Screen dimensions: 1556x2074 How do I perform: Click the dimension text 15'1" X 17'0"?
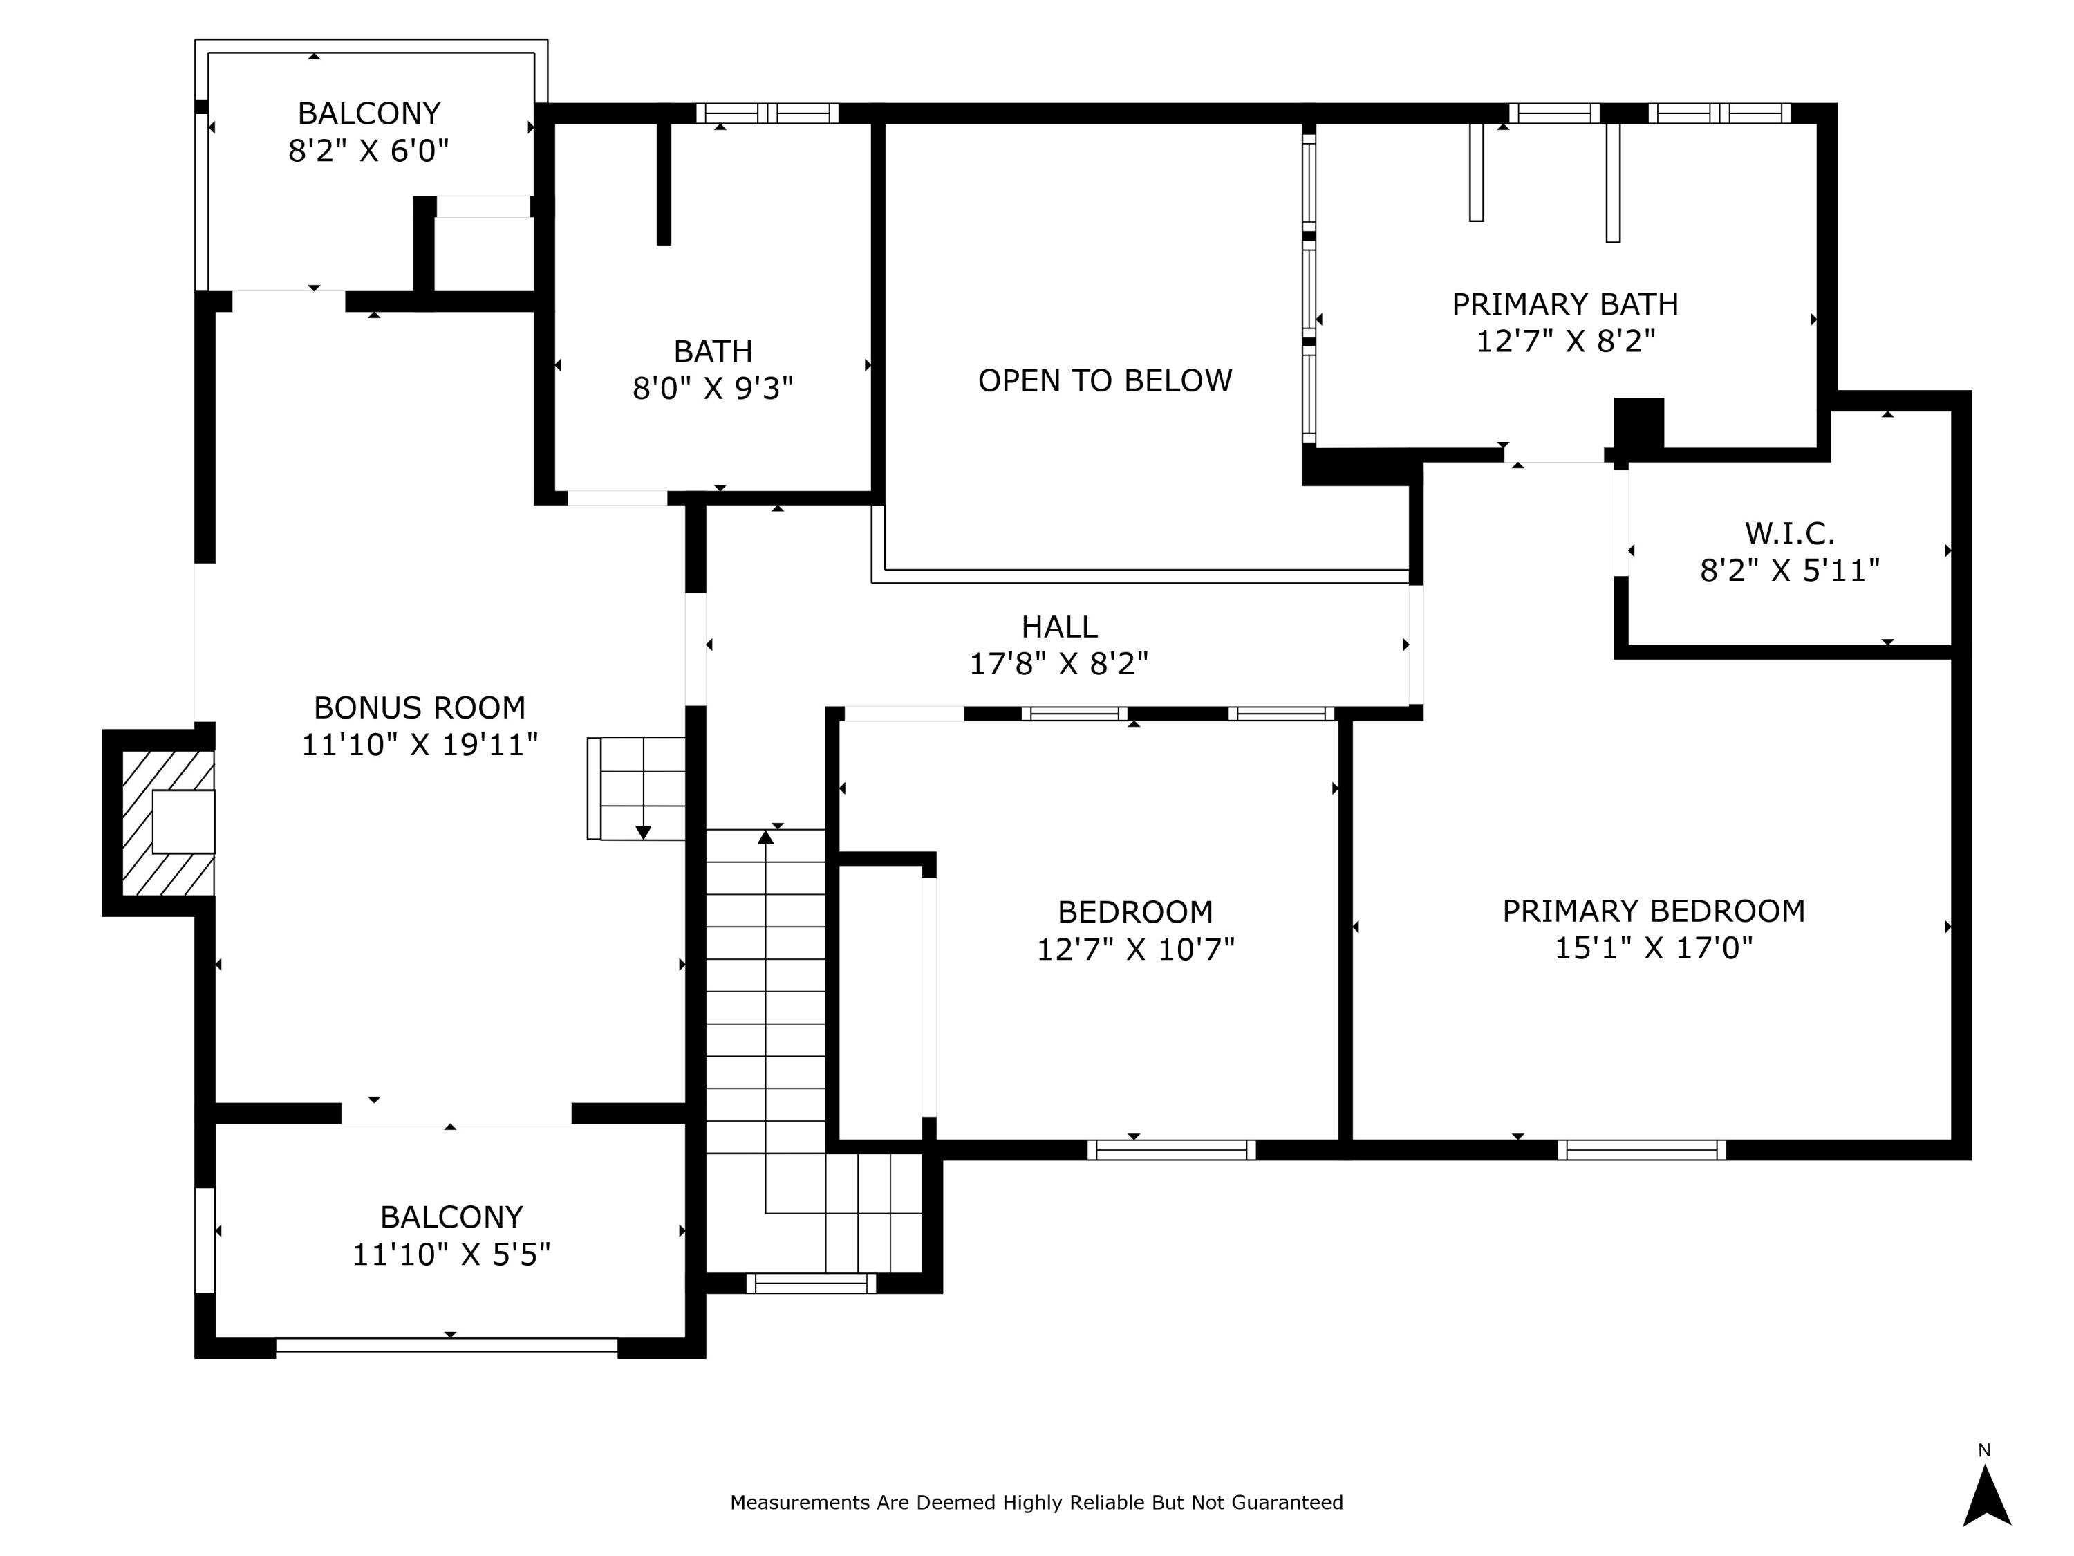1653,948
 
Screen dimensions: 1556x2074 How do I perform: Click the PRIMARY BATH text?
1565,304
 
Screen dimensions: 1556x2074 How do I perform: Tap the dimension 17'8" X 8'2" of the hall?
1058,664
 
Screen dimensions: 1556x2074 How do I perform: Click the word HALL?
1058,627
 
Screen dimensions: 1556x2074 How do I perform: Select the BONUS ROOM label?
419,707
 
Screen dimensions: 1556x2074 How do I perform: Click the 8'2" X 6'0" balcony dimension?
368,151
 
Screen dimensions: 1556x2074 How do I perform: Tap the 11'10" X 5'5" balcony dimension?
451,1254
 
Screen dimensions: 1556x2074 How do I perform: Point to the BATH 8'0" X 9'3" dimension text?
713,388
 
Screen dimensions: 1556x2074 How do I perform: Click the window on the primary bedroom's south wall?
1641,1150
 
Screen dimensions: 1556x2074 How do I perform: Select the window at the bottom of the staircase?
811,1283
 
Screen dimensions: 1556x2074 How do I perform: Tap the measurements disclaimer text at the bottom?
1036,1503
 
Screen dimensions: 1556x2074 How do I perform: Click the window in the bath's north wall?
767,113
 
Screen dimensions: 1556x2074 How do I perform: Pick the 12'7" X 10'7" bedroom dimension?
1134,950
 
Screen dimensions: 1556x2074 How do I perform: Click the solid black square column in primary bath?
1638,424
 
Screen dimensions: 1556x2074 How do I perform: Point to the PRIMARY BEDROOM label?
1653,911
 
